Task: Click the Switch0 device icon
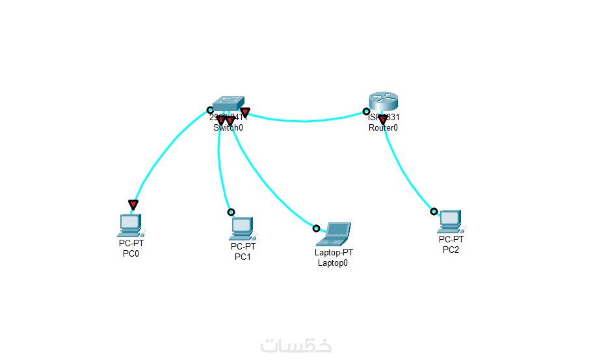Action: tap(229, 103)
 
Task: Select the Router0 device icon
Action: tap(383, 101)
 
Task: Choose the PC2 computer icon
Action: tap(450, 221)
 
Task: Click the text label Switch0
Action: tap(228, 128)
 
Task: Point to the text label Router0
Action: tap(383, 128)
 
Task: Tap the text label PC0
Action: tap(131, 253)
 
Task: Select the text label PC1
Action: tap(243, 257)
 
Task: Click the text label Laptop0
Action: tap(333, 263)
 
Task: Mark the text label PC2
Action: tap(451, 250)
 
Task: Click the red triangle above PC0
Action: tap(133, 205)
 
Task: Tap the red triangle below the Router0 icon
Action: tap(383, 120)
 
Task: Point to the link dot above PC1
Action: tap(231, 212)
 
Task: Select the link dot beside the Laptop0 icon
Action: tap(316, 228)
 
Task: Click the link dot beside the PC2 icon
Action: tap(434, 211)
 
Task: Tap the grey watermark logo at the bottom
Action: tap(296, 345)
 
